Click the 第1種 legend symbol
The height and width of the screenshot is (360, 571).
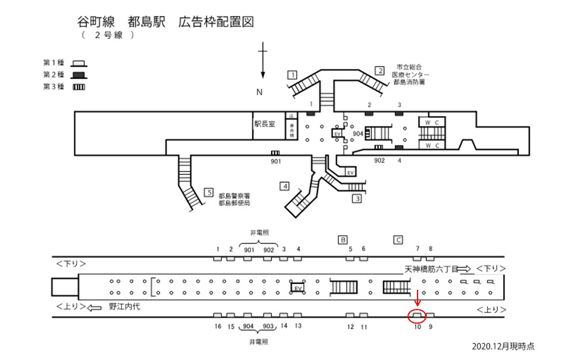click(x=78, y=63)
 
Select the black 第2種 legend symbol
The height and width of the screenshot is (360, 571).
click(x=78, y=75)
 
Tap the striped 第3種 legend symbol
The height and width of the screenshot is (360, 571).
click(x=78, y=87)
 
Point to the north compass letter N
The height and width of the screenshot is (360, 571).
click(x=259, y=92)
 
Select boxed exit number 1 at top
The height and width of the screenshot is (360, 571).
click(x=291, y=75)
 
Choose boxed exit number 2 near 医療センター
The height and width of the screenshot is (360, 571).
click(x=379, y=71)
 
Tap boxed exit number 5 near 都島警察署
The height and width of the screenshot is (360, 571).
click(x=208, y=192)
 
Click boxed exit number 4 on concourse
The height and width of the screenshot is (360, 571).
click(x=285, y=186)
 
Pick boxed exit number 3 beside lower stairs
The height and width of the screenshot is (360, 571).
click(x=356, y=199)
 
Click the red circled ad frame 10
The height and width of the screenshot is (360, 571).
click(x=417, y=315)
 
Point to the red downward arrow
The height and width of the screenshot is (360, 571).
click(x=418, y=299)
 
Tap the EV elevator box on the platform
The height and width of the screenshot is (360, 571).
click(x=298, y=288)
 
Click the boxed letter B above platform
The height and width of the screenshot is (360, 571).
click(x=343, y=240)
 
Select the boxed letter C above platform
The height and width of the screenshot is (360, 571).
click(x=399, y=240)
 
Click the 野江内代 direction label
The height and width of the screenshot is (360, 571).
click(x=125, y=308)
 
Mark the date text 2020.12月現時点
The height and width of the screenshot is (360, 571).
click(x=502, y=346)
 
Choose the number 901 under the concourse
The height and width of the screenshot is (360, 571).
click(x=275, y=161)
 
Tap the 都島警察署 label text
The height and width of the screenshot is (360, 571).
click(x=234, y=196)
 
